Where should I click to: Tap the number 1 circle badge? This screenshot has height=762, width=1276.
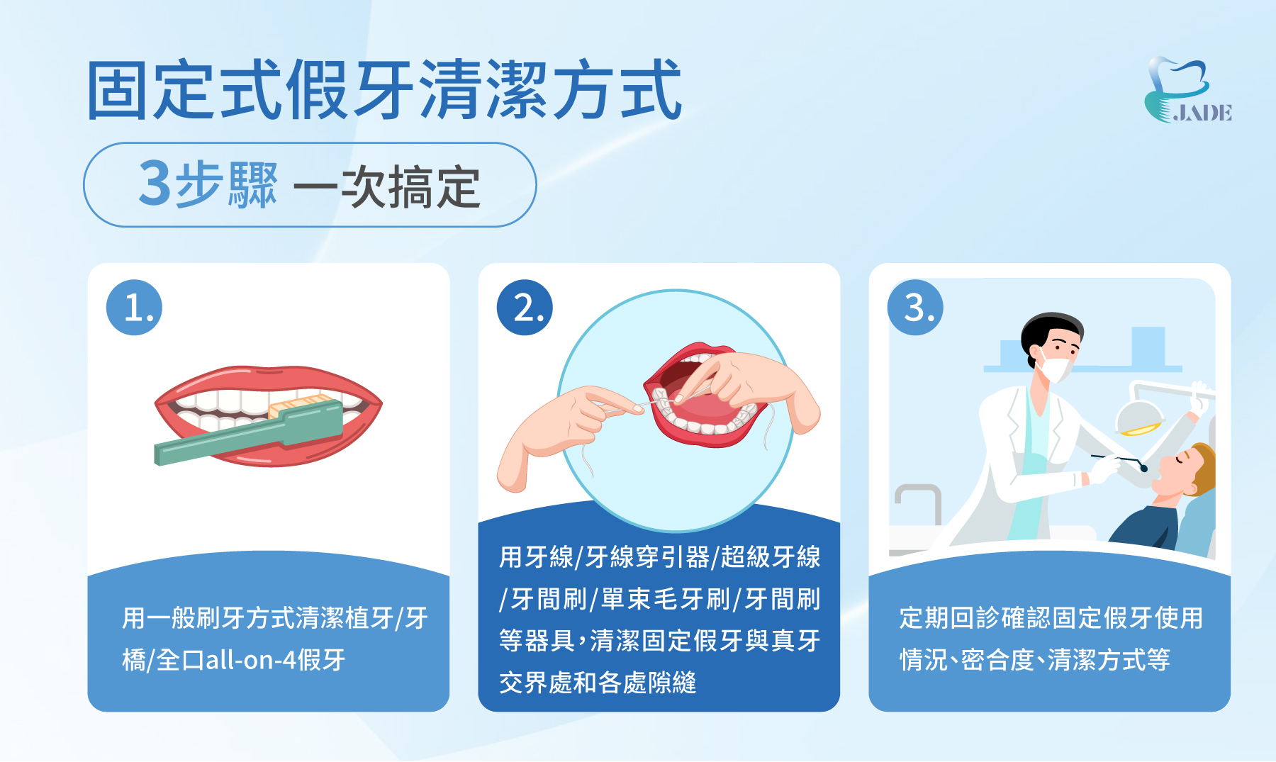coord(134,308)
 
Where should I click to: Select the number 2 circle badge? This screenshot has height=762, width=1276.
coord(525,308)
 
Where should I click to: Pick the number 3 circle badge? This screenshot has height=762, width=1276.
coord(915,308)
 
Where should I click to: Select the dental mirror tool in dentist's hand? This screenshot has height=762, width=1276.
coord(1120,460)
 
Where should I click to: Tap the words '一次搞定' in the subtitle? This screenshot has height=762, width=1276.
coord(387,186)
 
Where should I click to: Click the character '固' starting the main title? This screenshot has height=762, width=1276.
coord(118,91)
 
